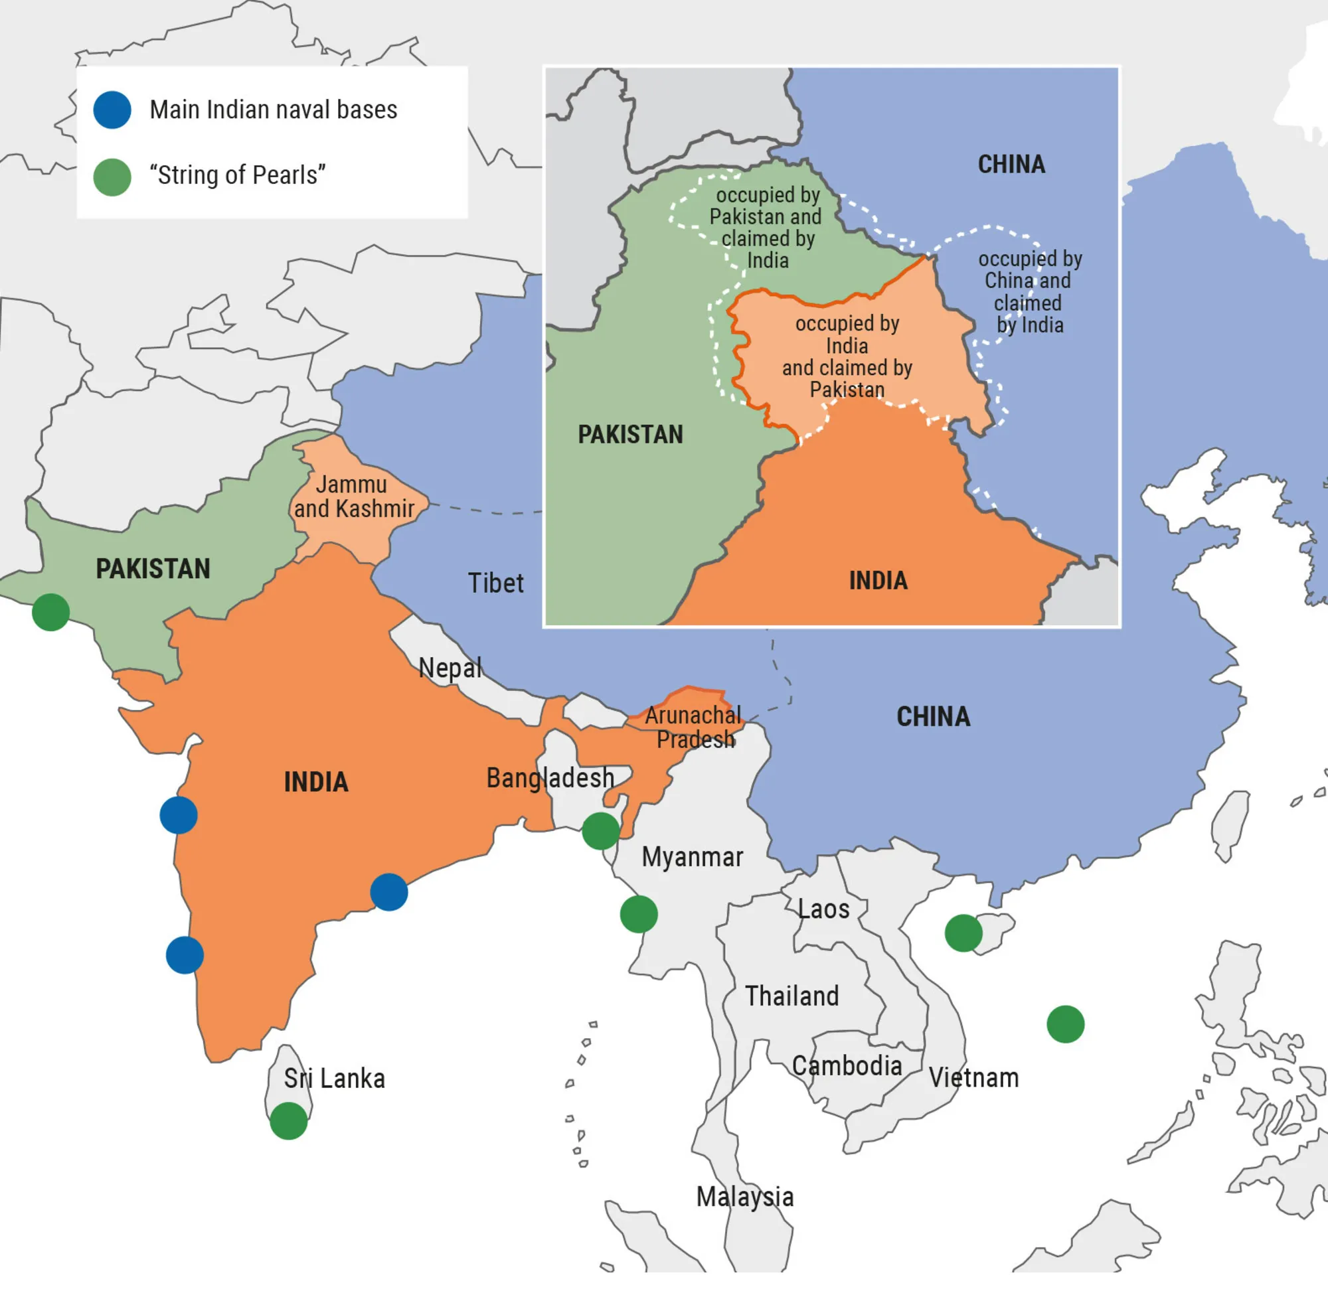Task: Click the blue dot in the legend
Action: [x=112, y=110]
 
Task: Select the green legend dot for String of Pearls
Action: [x=112, y=177]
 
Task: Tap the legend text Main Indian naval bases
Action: [x=273, y=110]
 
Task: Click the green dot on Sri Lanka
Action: [x=289, y=1121]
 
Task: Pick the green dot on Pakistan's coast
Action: [x=50, y=612]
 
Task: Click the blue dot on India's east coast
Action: [x=389, y=891]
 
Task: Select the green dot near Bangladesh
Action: [x=600, y=831]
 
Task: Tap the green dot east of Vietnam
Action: [x=1065, y=1024]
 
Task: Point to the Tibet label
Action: [x=495, y=583]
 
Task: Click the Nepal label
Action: [x=450, y=667]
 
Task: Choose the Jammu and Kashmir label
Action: [x=353, y=497]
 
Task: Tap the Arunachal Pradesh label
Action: [x=694, y=727]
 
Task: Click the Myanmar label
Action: [x=692, y=857]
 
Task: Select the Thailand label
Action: [x=791, y=996]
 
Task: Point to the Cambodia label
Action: [x=847, y=1065]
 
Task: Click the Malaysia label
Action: [x=744, y=1197]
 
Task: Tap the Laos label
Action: [x=823, y=909]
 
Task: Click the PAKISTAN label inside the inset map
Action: [x=630, y=435]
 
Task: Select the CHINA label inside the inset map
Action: [x=1011, y=165]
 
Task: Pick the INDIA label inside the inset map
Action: [x=878, y=581]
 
